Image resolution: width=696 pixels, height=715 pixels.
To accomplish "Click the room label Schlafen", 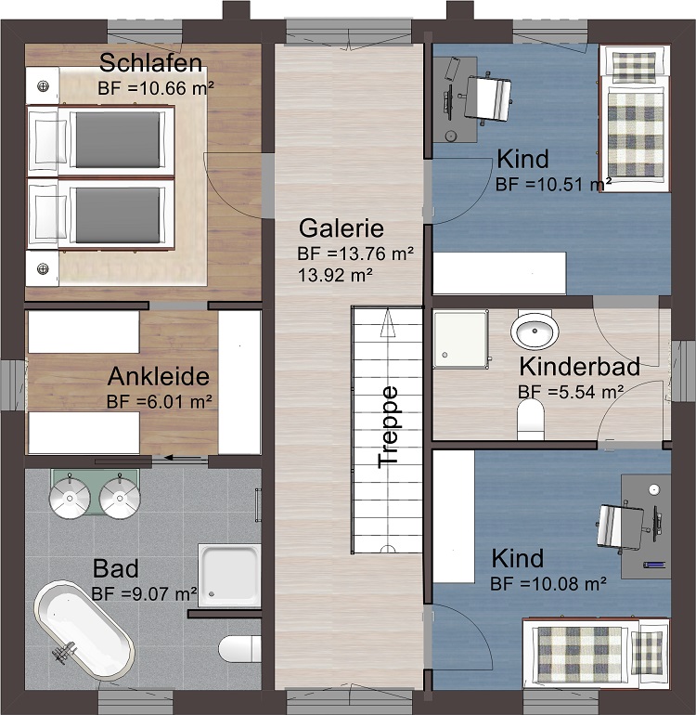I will pyautogui.click(x=151, y=64).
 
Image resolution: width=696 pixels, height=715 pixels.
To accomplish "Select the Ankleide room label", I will pyautogui.click(x=159, y=378).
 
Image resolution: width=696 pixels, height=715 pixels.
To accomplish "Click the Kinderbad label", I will pyautogui.click(x=579, y=367).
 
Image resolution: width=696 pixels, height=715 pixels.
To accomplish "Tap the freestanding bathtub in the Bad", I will pyautogui.click(x=83, y=630).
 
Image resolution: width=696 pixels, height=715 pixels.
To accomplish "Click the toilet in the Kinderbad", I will pyautogui.click(x=532, y=419).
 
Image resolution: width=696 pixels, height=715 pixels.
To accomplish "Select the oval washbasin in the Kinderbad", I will pyautogui.click(x=535, y=330).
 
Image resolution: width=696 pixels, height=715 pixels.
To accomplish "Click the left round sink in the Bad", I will pyautogui.click(x=69, y=498).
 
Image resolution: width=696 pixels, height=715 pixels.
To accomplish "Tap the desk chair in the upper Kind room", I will pyautogui.click(x=489, y=97).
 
